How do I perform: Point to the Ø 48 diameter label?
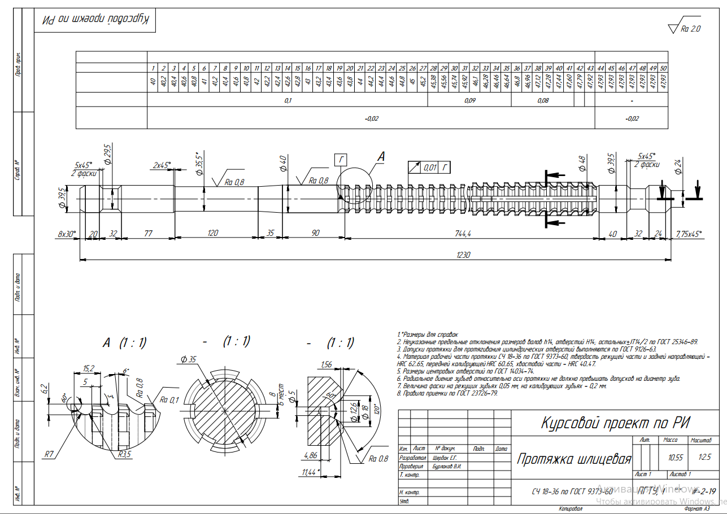(x=582, y=164)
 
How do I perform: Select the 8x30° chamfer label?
(x=66, y=232)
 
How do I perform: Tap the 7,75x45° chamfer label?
(x=689, y=232)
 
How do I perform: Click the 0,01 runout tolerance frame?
(x=430, y=167)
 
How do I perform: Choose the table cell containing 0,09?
(x=469, y=100)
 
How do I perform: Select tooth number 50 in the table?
(x=663, y=68)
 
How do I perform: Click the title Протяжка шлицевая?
(x=573, y=459)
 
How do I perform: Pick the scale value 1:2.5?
(x=705, y=458)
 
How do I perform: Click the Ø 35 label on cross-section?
(x=189, y=359)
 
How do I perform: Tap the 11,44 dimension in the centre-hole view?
(x=308, y=471)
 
